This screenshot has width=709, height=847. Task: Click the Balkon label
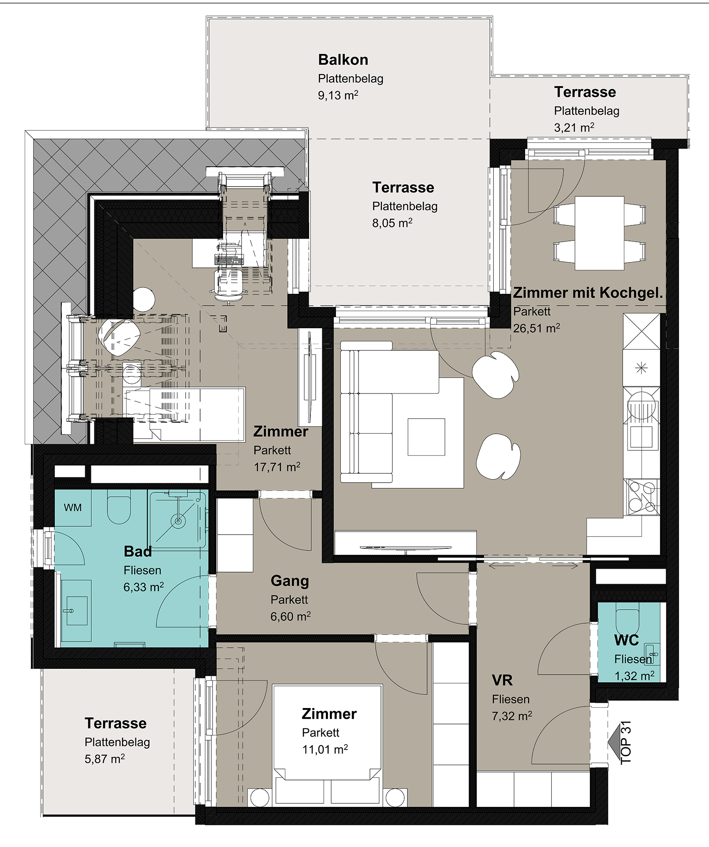pos(343,60)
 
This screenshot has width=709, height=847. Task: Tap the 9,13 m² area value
pos(338,95)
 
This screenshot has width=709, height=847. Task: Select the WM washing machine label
pos(73,508)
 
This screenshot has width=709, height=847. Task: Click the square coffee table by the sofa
pos(426,437)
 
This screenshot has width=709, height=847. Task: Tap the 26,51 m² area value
pos(537,328)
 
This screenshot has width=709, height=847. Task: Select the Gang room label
pos(290,581)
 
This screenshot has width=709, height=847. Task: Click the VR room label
pos(502,680)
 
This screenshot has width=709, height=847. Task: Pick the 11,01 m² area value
pos(325,750)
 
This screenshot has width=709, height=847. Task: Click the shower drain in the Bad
pos(178,521)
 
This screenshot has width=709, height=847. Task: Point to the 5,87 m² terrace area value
pos(105,759)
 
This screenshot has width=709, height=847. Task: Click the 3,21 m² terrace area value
pos(574,127)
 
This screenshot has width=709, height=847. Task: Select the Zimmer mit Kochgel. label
pos(588,292)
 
